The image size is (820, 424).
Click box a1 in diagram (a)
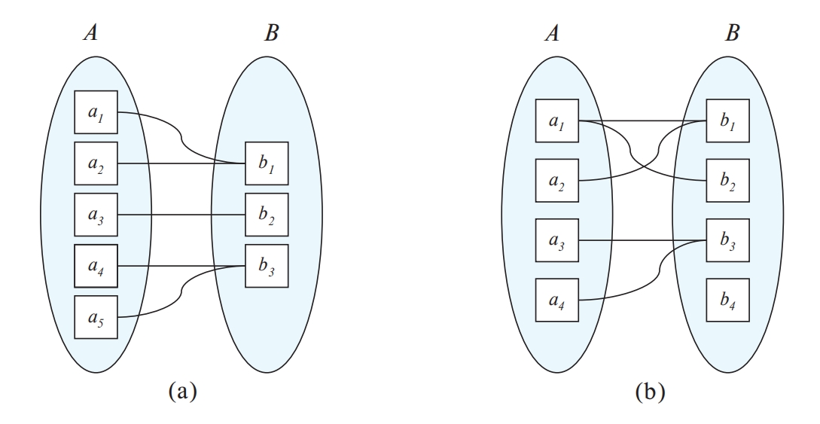click(x=96, y=114)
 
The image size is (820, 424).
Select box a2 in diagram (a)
click(x=96, y=164)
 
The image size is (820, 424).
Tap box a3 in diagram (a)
click(x=96, y=215)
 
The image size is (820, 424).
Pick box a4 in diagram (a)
click(x=96, y=265)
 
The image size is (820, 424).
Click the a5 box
click(x=96, y=316)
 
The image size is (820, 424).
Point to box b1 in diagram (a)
click(x=267, y=164)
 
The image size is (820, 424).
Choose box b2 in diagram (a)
click(x=267, y=215)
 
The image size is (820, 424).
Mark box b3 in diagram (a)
click(x=267, y=265)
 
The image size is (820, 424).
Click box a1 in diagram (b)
click(x=556, y=120)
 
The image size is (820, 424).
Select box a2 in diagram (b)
click(x=556, y=180)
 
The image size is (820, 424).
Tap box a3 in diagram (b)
click(x=556, y=240)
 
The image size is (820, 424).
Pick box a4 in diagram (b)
click(x=556, y=300)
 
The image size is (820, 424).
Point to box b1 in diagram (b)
click(x=727, y=120)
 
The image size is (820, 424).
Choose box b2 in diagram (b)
click(x=727, y=180)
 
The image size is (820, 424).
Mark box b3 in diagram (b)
click(x=727, y=240)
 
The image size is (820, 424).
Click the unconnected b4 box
click(x=727, y=300)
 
